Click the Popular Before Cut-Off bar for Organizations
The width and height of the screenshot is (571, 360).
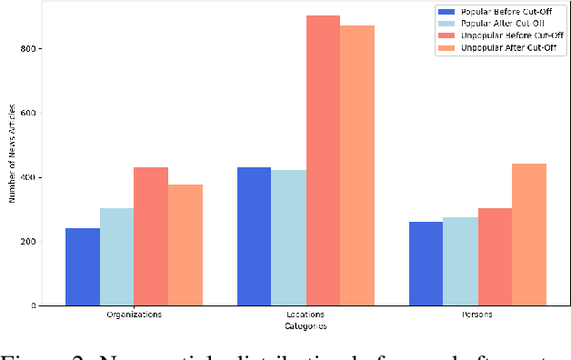point(83,267)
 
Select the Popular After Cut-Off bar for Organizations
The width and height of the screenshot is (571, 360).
point(117,257)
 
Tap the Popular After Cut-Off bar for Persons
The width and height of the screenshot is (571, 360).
point(461,262)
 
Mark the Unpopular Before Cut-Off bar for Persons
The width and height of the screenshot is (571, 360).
point(495,257)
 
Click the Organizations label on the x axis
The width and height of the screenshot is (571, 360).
point(134,315)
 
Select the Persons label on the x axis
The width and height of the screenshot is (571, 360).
point(478,315)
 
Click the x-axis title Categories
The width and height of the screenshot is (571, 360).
point(306,325)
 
